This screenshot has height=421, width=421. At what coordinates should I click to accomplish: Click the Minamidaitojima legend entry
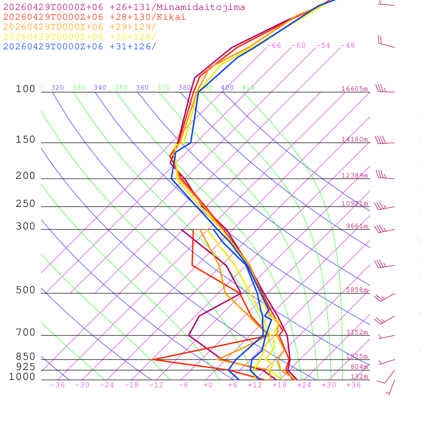(x=124, y=7)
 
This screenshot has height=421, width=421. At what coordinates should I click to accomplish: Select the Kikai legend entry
(x=95, y=17)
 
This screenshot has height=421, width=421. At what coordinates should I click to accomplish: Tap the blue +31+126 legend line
(x=80, y=46)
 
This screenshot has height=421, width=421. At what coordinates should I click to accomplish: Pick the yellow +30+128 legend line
(x=80, y=37)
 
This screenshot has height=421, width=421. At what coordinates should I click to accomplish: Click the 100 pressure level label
(x=25, y=89)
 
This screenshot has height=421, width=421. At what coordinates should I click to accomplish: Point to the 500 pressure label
(x=25, y=290)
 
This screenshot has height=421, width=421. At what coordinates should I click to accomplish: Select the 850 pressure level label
(x=25, y=356)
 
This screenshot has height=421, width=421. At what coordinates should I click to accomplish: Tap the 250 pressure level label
(x=25, y=204)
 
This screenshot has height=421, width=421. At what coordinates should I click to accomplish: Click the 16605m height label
(x=355, y=89)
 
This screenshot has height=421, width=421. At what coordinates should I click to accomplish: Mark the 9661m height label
(x=357, y=226)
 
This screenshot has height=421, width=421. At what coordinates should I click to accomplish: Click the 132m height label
(x=359, y=377)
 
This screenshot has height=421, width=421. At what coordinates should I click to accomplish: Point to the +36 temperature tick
(x=353, y=385)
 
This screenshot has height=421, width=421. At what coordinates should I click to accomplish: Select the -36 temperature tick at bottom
(x=57, y=385)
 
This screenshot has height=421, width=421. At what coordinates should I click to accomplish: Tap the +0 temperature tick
(x=208, y=385)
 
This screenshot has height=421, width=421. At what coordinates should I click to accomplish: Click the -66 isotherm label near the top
(x=273, y=46)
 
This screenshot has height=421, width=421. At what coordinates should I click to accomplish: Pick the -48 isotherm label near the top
(x=347, y=46)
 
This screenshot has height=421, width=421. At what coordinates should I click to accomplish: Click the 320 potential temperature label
(x=58, y=88)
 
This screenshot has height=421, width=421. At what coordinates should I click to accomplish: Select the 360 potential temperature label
(x=142, y=88)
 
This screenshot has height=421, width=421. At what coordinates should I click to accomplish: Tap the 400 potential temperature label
(x=227, y=88)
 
